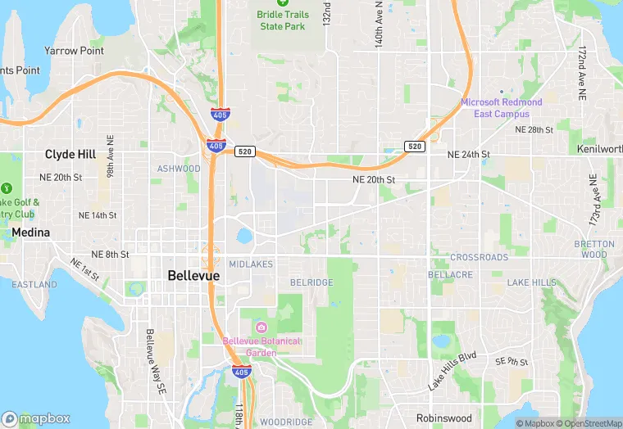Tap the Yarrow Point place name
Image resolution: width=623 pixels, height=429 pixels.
[x=74, y=51]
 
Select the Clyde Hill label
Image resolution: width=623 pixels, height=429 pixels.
[x=70, y=154]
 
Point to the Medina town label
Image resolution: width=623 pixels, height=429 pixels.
[x=31, y=233]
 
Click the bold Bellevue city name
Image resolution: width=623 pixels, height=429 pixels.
[x=193, y=276]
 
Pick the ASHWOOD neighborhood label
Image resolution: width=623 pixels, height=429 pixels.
[x=179, y=169]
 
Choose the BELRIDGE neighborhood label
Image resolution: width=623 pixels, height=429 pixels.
[x=311, y=282]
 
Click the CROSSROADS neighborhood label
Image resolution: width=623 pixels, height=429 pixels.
[x=480, y=257]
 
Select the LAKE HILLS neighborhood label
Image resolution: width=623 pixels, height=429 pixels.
[x=531, y=282]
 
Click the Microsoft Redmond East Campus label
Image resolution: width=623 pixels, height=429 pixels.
[x=501, y=108]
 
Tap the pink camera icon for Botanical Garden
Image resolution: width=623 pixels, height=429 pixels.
[x=261, y=327]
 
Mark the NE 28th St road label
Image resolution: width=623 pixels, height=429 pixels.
[x=534, y=130]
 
